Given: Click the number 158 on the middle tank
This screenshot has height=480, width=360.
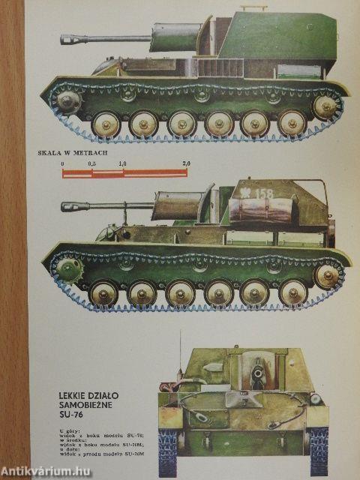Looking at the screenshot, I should click(264, 193).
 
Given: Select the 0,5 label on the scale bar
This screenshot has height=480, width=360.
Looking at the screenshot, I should click(91, 163).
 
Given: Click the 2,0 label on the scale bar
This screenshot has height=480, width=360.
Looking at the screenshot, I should click(185, 163).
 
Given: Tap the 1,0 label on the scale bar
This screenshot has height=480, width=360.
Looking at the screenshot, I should click(121, 163).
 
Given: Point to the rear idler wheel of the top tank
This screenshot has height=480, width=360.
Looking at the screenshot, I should click(325, 106).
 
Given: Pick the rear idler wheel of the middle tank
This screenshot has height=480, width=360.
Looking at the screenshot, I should click(326, 275).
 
